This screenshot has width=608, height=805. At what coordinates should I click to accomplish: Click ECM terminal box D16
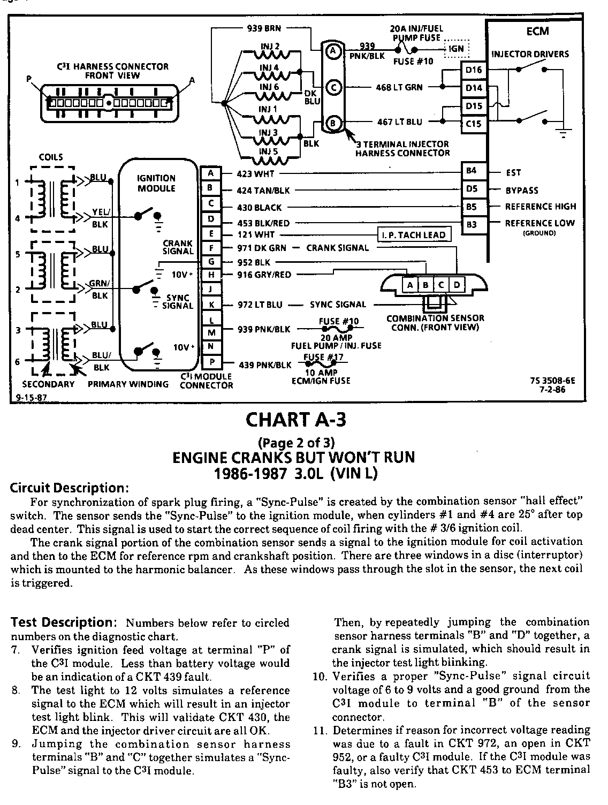click(474, 70)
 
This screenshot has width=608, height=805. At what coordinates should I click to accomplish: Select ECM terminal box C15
click(474, 124)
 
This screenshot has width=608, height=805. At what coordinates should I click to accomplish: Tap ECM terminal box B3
click(471, 224)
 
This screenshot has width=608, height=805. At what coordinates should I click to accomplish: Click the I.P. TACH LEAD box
click(414, 235)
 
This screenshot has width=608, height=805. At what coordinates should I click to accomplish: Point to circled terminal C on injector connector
click(332, 88)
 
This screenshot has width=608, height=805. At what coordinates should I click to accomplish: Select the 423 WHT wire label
click(256, 173)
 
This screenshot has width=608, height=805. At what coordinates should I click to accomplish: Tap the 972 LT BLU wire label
click(260, 305)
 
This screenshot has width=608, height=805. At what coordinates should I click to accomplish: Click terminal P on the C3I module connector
click(212, 362)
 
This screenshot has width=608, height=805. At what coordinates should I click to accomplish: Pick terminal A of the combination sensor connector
click(409, 285)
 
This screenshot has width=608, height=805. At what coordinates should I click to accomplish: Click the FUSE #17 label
click(323, 358)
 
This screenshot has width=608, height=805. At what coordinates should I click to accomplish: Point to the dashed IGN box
click(457, 48)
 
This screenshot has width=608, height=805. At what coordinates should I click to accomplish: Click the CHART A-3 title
click(295, 420)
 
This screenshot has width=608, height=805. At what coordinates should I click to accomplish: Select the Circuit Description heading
click(70, 488)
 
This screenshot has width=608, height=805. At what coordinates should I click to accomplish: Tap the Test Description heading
click(60, 622)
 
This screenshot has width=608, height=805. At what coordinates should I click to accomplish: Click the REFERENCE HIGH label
click(541, 207)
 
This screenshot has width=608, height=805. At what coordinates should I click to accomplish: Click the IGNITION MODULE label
click(156, 183)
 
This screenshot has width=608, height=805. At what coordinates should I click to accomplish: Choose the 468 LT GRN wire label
click(399, 88)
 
